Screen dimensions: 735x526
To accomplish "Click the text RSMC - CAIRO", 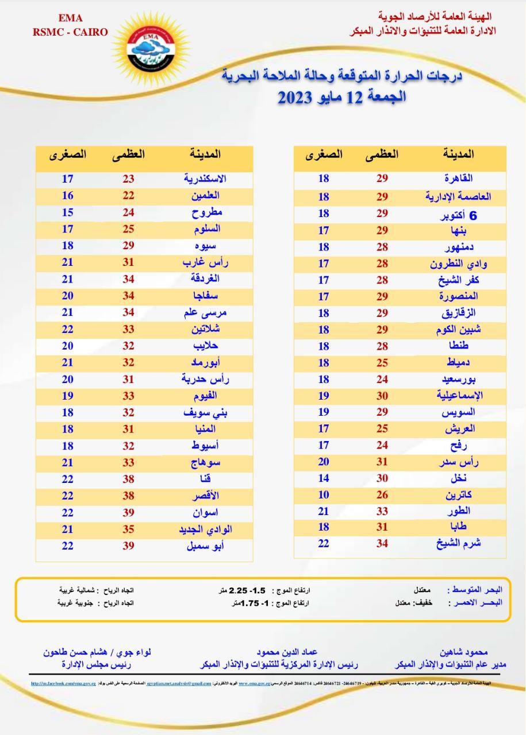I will (x=70, y=32).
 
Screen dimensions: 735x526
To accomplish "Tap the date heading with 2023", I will (x=343, y=96).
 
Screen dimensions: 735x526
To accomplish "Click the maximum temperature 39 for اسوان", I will (x=128, y=513).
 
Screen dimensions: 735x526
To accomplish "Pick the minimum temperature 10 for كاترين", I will (x=324, y=494).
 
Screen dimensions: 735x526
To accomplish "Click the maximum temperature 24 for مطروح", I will (x=128, y=212).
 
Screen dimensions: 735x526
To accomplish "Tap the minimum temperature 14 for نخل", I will (x=324, y=478).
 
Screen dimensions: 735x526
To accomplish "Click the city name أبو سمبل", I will (x=205, y=546).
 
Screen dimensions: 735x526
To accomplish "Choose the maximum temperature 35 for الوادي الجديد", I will (x=128, y=529).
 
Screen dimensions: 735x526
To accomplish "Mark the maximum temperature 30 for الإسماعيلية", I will (x=382, y=395).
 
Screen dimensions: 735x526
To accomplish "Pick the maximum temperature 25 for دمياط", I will (x=382, y=363).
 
